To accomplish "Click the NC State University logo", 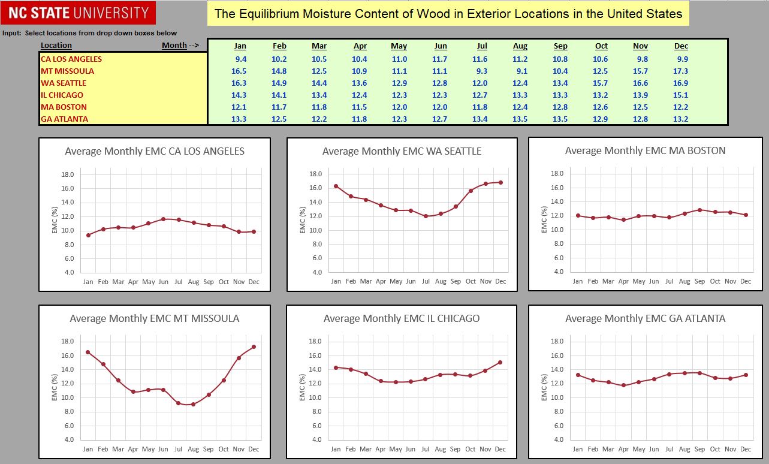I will (79, 13).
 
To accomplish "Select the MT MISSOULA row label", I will (67, 71).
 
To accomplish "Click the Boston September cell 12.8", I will (560, 107).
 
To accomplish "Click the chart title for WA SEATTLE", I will (402, 151).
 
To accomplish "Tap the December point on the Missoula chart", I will (254, 347).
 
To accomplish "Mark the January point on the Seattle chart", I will (336, 186).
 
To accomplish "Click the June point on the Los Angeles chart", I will (163, 219).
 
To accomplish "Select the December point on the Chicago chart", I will (500, 362).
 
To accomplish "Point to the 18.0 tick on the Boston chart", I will (557, 174).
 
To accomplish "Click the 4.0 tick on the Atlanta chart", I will (557, 439).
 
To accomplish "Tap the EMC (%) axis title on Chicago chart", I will (303, 388).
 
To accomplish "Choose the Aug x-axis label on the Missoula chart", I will (193, 449).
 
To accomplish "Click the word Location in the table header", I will (56, 46).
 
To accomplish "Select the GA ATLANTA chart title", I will (645, 318).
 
